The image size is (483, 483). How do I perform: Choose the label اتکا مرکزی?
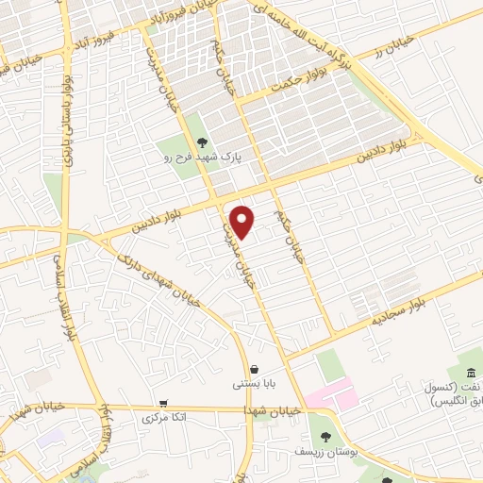[165, 416]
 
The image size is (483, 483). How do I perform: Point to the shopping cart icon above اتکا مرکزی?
[164, 402]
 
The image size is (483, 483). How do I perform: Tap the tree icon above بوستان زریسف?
[325, 437]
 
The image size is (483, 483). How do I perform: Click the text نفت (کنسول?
[452, 388]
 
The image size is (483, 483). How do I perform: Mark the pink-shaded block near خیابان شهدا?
[330, 393]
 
